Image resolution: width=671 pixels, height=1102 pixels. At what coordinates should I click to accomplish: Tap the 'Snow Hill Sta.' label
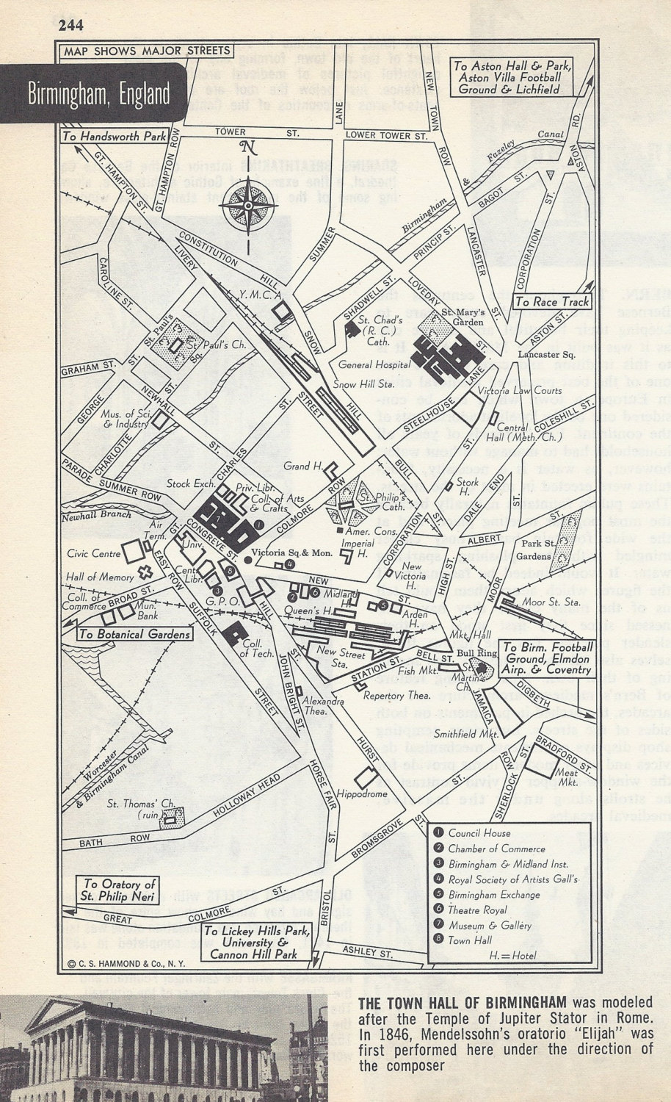pos(365,383)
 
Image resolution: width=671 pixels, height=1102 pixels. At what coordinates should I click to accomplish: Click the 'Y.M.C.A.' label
pos(250,295)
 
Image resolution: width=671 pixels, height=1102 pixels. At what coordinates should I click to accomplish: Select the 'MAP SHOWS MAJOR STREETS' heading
pos(147,51)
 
